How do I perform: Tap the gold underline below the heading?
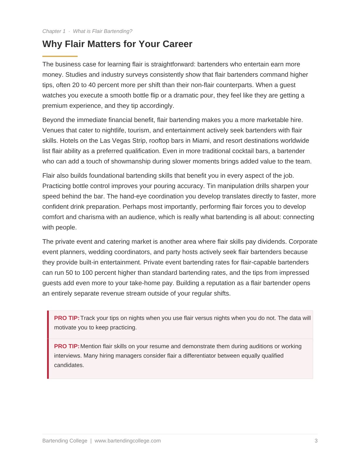coord(60,56)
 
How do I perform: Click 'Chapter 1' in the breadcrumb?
coord(54,31)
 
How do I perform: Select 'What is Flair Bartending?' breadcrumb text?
coord(103,31)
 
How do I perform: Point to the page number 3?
coord(316,441)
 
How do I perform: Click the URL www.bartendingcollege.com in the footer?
coord(128,441)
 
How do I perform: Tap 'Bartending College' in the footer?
coord(65,441)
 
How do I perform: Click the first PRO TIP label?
coord(67,318)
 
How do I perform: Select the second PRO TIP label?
coord(67,346)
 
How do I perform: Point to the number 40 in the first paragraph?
coord(92,85)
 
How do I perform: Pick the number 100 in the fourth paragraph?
coord(87,273)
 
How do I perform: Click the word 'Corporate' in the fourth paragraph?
coord(303,242)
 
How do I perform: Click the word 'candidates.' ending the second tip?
coord(69,365)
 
